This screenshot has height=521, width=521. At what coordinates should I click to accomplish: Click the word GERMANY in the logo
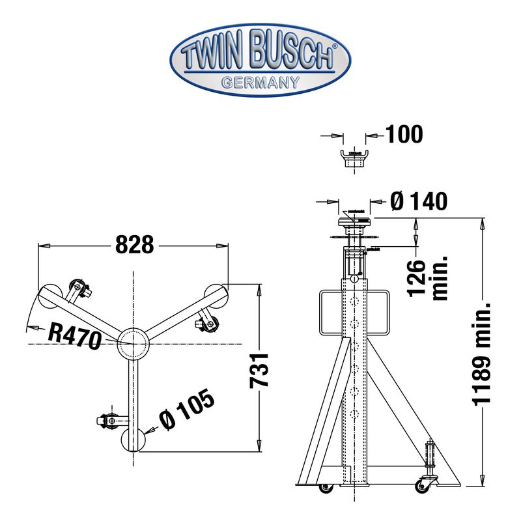click(260, 82)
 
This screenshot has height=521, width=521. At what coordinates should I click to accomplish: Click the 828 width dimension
click(134, 245)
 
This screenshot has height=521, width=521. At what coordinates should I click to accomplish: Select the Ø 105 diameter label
click(186, 412)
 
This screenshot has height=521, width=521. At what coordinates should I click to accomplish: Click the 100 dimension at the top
click(404, 135)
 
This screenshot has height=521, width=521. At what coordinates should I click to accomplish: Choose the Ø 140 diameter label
click(420, 202)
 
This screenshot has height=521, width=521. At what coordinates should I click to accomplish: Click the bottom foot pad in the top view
click(134, 441)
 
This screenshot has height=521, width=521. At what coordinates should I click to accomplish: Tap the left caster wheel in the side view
click(324, 487)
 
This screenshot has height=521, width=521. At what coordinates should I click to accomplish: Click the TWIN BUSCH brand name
click(259, 57)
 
